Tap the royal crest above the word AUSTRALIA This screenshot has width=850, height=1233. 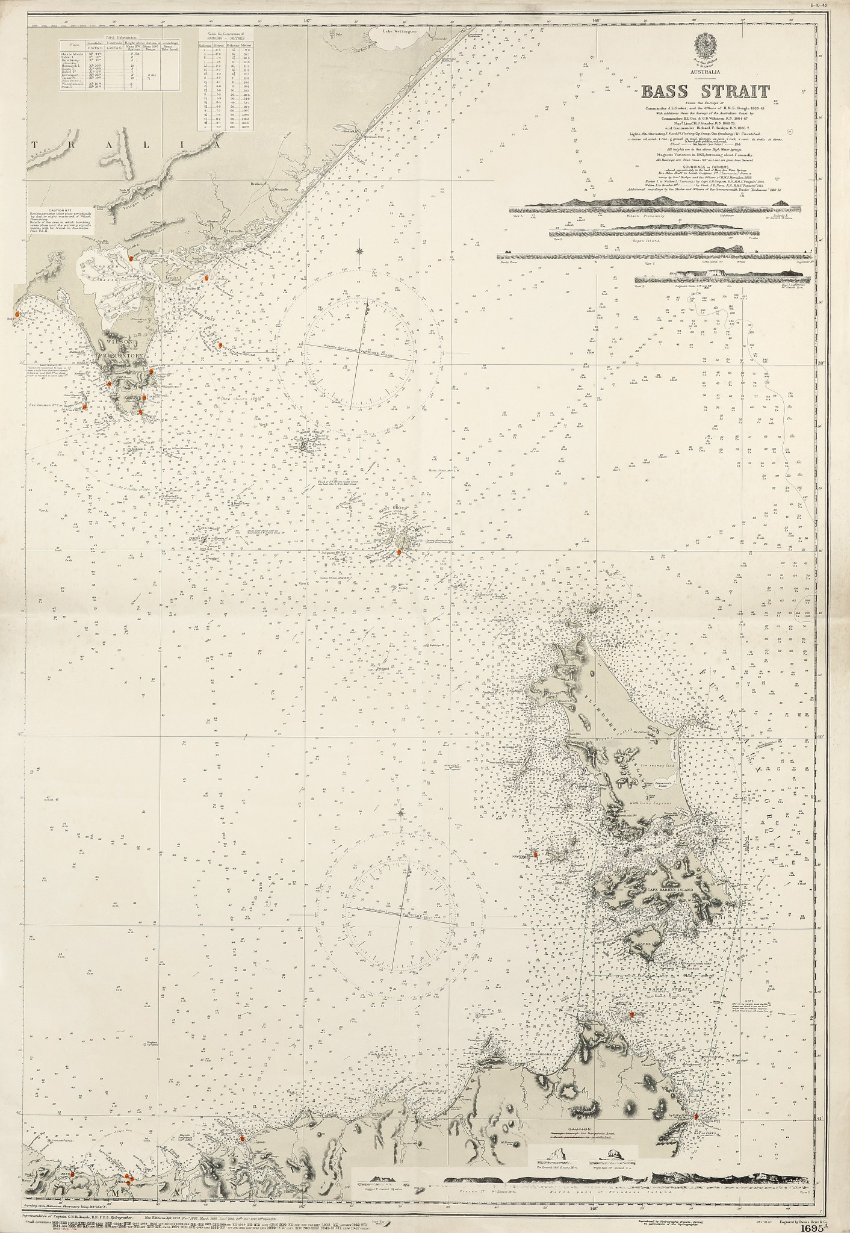707,44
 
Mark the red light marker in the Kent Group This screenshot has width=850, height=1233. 399,551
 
